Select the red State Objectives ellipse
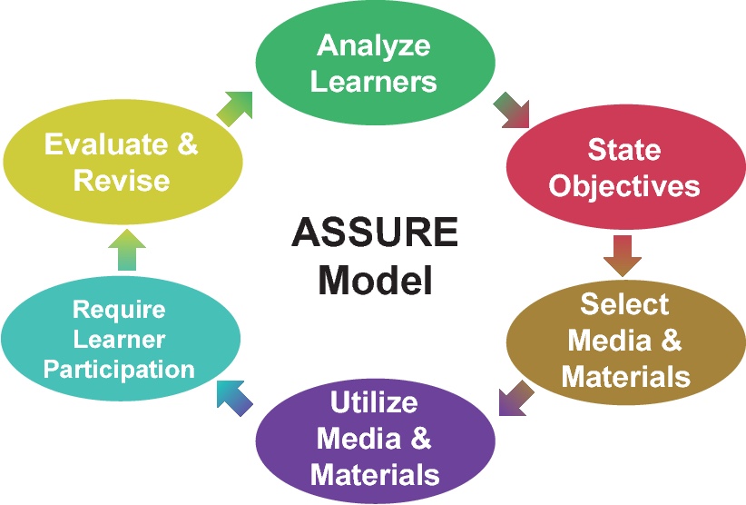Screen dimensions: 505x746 pos(624,167)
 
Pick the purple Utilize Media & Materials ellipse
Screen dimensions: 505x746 pos(374,439)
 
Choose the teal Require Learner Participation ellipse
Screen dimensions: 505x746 pos(120,338)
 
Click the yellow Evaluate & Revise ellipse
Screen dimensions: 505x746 pos(122,162)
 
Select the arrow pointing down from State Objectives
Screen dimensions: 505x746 pos(623,254)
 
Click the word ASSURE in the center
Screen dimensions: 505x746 pos(374,234)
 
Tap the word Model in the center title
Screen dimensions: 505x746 pos(374,279)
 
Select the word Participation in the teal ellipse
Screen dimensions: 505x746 pos(120,370)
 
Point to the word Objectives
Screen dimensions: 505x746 pos(624,185)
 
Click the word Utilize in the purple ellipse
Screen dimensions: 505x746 pos(374,401)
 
